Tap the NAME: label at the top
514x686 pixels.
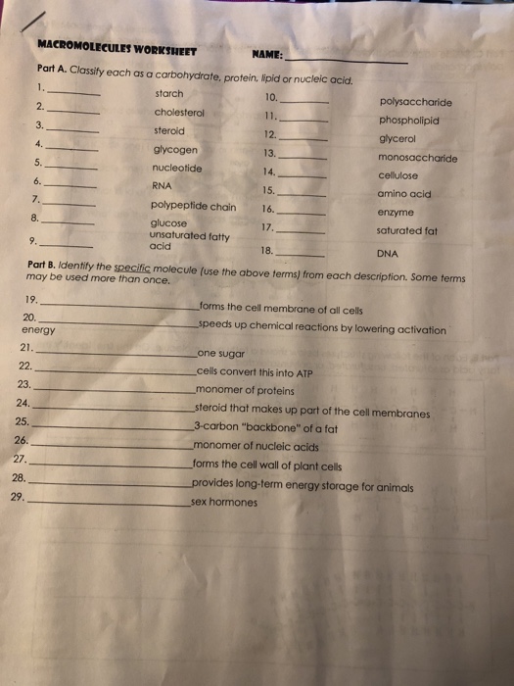click(x=267, y=55)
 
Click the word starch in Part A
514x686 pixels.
click(x=169, y=93)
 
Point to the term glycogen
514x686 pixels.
click(x=175, y=150)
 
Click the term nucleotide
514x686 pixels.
click(x=177, y=168)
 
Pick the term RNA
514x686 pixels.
click(x=162, y=185)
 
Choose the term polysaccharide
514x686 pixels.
click(x=417, y=101)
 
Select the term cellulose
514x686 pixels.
click(x=398, y=175)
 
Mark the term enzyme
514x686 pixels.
click(x=396, y=212)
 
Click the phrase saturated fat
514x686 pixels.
click(x=406, y=230)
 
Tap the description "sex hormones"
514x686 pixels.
click(x=224, y=503)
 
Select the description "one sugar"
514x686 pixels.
click(x=220, y=353)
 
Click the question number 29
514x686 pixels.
click(x=18, y=496)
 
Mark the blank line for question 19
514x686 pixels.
click(x=117, y=305)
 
